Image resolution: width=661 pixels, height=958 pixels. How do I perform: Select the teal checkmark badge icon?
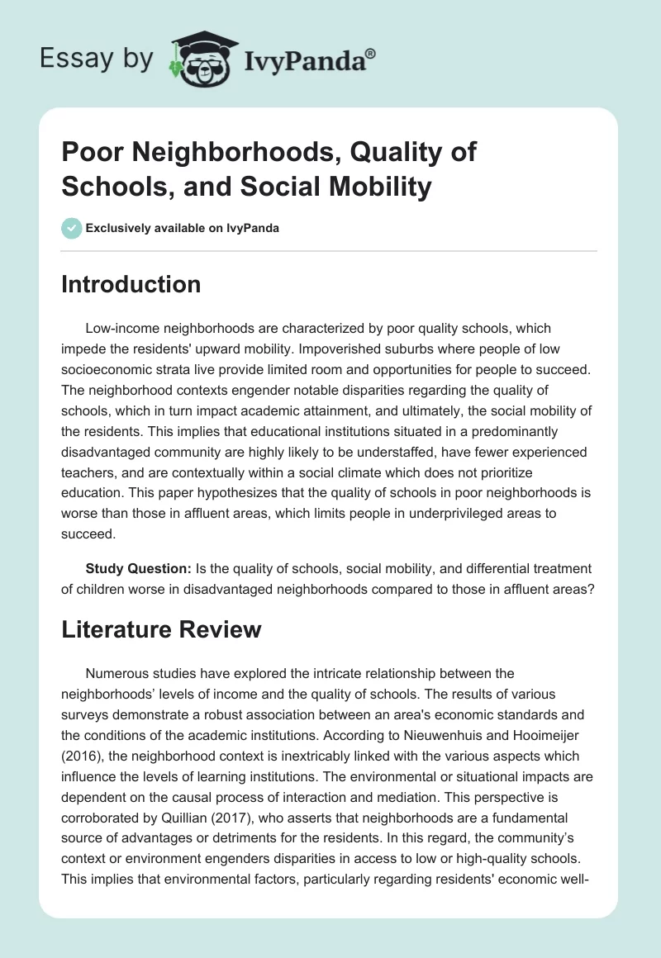coord(71,228)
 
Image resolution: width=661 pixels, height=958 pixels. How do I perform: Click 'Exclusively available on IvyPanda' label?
coord(183,228)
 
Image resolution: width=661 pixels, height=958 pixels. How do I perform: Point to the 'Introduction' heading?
coord(131,284)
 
